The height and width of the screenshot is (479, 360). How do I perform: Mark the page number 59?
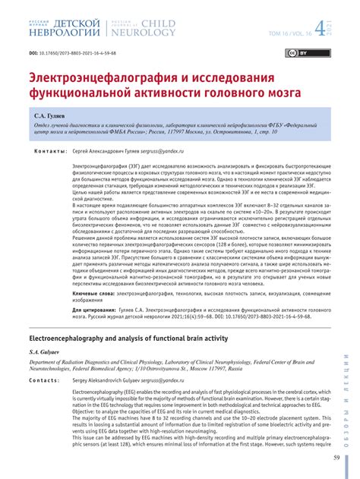coord(336,458)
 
